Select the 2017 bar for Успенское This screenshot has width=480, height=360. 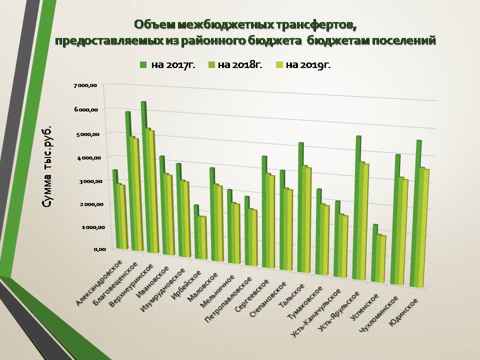375,255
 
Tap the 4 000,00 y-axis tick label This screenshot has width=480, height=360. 87,157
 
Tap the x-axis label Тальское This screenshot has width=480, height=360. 295,294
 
